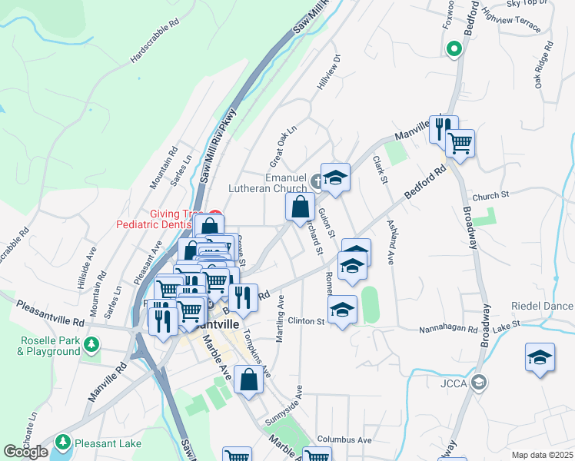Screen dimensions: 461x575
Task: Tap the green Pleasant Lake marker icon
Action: click(x=62, y=443)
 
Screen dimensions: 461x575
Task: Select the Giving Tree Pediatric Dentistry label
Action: click(x=164, y=219)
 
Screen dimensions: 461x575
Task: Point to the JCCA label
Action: click(x=454, y=382)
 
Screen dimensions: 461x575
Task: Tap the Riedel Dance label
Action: click(x=543, y=306)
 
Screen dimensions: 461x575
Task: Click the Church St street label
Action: click(x=491, y=196)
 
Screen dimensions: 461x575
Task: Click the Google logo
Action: click(x=25, y=452)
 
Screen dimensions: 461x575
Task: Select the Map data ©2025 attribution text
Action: click(x=542, y=455)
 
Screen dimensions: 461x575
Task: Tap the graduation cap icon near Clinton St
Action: click(x=343, y=310)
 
